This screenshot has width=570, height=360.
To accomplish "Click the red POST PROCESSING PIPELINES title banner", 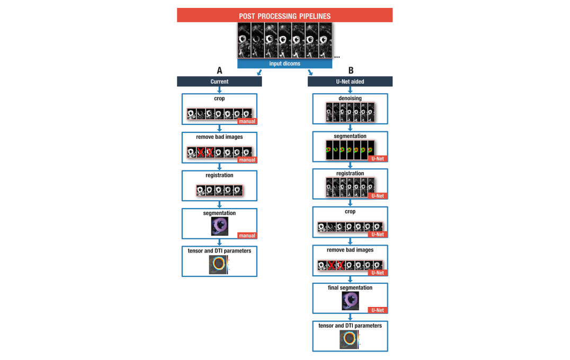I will point(284,15).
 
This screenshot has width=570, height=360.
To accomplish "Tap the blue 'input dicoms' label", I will point(284,64).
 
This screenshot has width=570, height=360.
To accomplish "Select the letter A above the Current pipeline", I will point(219,71).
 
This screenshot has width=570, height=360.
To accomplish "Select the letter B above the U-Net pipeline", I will point(350,71).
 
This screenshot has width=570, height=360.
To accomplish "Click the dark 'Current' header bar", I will point(219,82).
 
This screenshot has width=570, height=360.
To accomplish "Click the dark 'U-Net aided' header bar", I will point(350,82).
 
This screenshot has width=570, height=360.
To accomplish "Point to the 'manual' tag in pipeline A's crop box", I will point(246,121).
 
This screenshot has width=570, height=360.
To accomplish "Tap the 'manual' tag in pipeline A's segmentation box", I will point(246,236).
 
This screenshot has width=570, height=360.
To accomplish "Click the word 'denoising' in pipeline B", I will point(350,98).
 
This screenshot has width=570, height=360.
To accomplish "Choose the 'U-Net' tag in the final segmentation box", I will point(377,310).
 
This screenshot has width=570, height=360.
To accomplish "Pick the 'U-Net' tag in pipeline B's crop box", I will point(377,234).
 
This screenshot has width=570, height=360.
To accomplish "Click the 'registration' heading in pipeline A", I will point(219,175).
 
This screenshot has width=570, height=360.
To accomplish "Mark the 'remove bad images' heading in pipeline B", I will point(350,250).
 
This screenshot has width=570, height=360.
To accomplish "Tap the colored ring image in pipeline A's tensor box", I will point(218,264).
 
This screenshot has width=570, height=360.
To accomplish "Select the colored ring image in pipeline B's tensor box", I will point(349,339).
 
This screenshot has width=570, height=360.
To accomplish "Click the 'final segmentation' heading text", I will point(350,288).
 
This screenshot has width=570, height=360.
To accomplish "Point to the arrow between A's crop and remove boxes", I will point(219,128).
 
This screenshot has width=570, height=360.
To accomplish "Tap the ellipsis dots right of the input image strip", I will point(337,56).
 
